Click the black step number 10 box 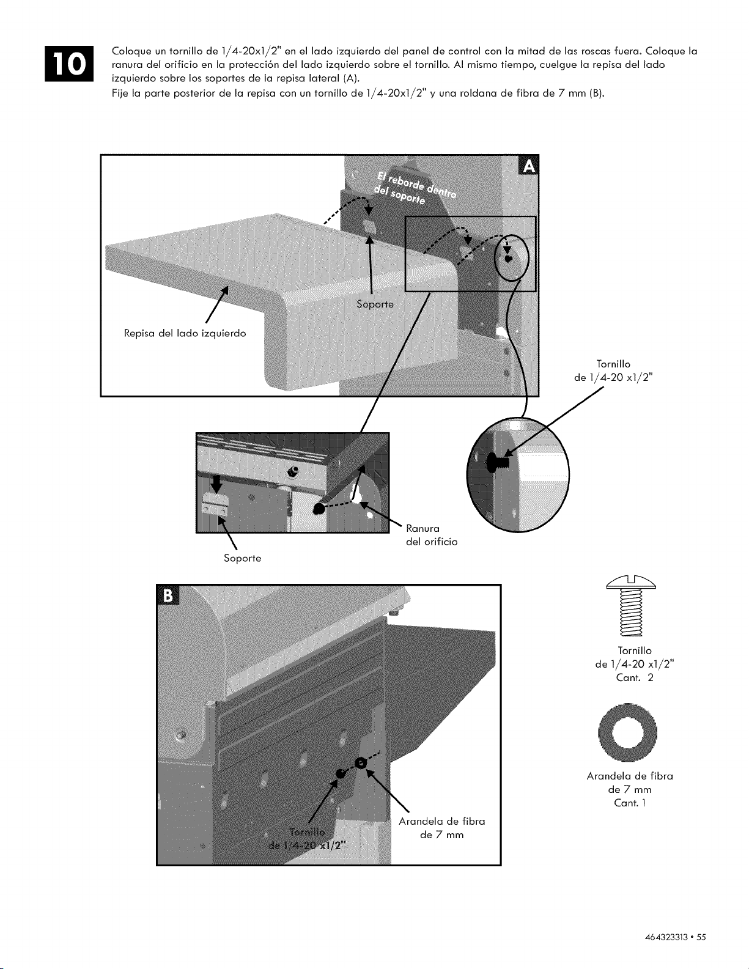[68, 64]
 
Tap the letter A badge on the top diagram [529, 166]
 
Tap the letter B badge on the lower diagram [168, 595]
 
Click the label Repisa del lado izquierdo [185, 333]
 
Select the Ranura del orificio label [432, 535]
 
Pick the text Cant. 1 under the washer [630, 803]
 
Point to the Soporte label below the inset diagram [243, 558]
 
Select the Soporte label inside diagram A [375, 304]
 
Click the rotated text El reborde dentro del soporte [414, 187]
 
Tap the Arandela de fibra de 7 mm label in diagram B [442, 828]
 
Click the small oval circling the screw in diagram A [512, 257]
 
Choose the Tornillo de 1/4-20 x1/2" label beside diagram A [613, 371]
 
